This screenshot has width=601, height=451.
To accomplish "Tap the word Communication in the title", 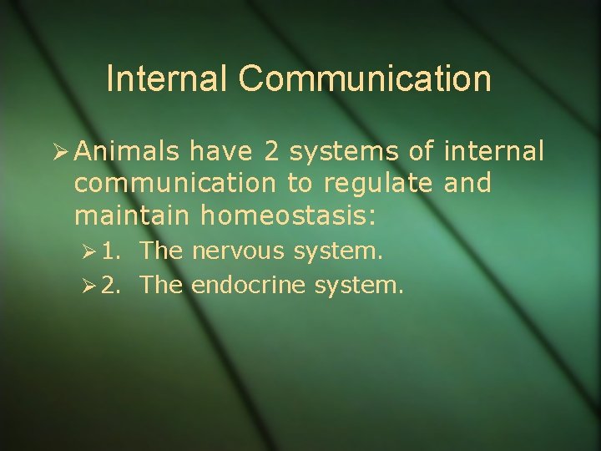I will (365, 79).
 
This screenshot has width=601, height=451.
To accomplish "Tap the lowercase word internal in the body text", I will (494, 152).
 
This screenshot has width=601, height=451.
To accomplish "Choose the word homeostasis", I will (289, 217).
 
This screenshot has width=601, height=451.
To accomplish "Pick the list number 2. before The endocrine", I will (113, 286).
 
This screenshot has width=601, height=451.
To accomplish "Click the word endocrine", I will (250, 286).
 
